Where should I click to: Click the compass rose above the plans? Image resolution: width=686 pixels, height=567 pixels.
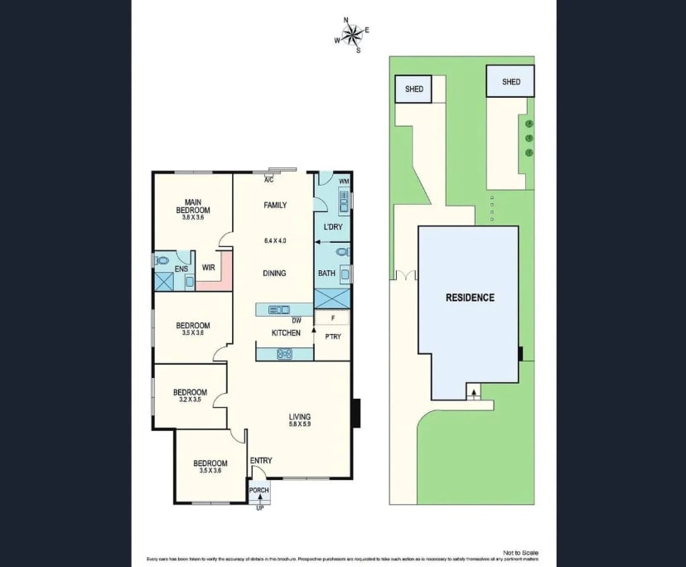pyautogui.click(x=352, y=35)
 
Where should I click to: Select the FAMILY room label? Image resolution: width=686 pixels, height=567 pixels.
pyautogui.click(x=274, y=205)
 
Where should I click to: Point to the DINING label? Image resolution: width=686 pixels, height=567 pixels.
pyautogui.click(x=274, y=273)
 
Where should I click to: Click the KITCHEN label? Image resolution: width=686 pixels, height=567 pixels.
pyautogui.click(x=286, y=333)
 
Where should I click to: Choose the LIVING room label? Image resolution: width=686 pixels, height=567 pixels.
pyautogui.click(x=299, y=417)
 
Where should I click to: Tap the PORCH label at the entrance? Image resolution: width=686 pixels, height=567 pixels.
pyautogui.click(x=259, y=490)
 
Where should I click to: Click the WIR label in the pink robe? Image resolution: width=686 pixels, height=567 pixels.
pyautogui.click(x=209, y=268)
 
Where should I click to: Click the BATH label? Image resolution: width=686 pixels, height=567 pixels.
pyautogui.click(x=326, y=273)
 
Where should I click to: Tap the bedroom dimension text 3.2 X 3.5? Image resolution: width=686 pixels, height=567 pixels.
pyautogui.click(x=190, y=399)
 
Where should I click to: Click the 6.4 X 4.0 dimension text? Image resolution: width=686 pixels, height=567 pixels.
pyautogui.click(x=274, y=240)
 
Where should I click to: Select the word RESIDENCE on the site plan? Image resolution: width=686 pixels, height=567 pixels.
pyautogui.click(x=470, y=298)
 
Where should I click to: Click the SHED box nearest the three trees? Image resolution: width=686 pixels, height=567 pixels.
pyautogui.click(x=511, y=82)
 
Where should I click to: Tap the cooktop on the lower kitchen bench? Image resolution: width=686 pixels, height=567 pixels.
pyautogui.click(x=285, y=354)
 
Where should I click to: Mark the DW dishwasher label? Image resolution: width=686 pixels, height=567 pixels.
pyautogui.click(x=296, y=321)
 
